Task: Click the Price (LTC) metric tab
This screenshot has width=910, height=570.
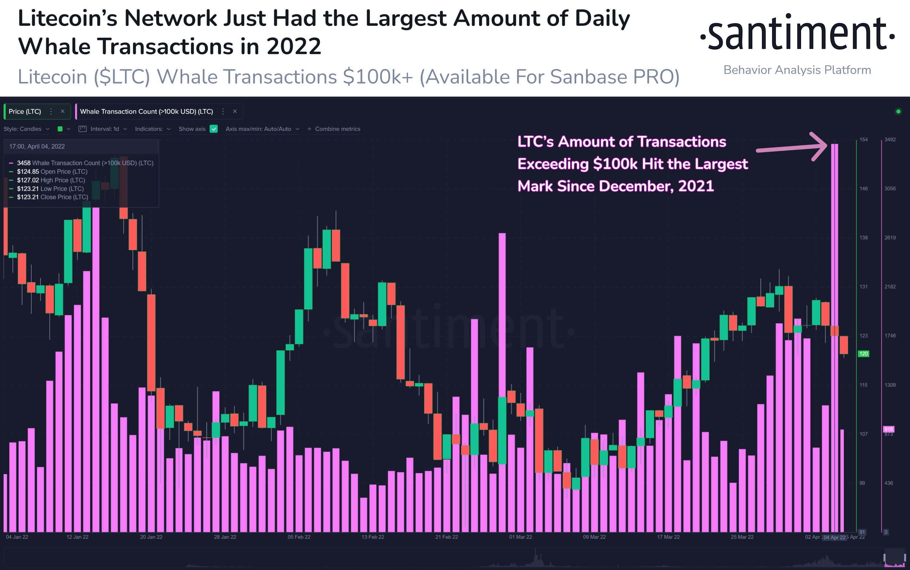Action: pos(25,112)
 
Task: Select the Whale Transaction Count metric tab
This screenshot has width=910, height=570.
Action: pos(146,112)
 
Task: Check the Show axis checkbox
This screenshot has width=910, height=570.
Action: pos(214,129)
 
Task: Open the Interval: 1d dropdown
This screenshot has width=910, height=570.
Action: pos(104,129)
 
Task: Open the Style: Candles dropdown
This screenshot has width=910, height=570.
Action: pos(26,129)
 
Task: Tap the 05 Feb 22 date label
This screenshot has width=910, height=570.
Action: pos(299,537)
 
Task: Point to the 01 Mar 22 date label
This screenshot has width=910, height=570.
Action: pos(521,537)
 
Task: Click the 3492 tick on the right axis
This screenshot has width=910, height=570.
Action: pos(890,139)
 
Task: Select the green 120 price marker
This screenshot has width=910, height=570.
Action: pos(863,354)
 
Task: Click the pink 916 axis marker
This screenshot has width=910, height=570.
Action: pos(889,429)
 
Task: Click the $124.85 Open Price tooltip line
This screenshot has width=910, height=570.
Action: pos(52,172)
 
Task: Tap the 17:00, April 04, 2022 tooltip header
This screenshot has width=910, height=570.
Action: pos(37,146)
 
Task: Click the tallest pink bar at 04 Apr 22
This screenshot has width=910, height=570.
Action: pos(835,302)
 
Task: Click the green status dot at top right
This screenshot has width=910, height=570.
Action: pos(898,111)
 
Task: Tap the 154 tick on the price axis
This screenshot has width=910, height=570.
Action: pos(863,139)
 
